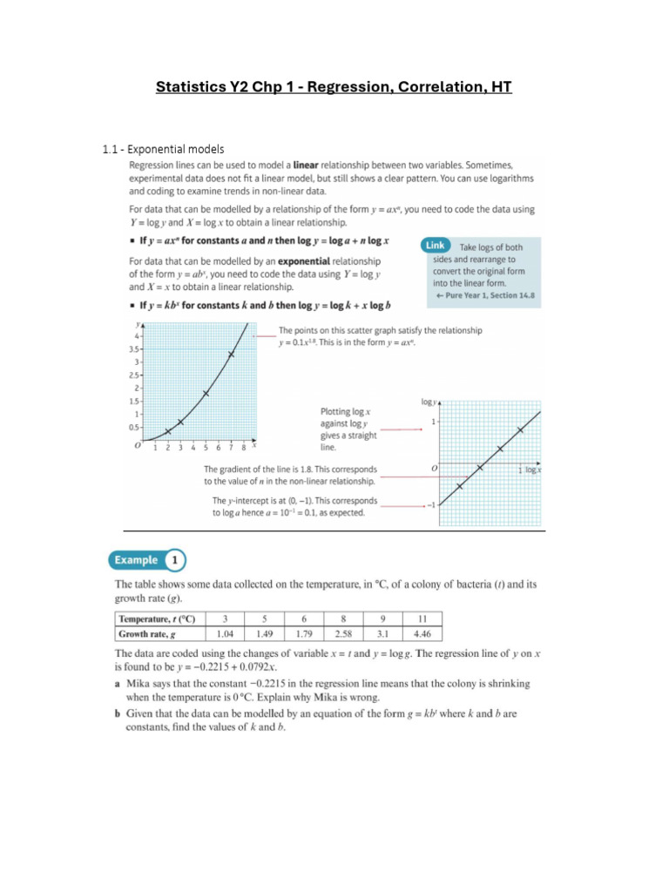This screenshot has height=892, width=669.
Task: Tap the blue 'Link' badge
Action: coord(437,247)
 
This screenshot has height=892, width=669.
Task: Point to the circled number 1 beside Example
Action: coord(175,560)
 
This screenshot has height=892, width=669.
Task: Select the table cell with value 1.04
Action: coord(226,633)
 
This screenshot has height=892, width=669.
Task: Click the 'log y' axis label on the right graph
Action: coord(428,402)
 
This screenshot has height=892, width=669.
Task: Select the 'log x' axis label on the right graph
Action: coord(531,470)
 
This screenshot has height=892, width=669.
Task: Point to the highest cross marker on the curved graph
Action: coord(231,354)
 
